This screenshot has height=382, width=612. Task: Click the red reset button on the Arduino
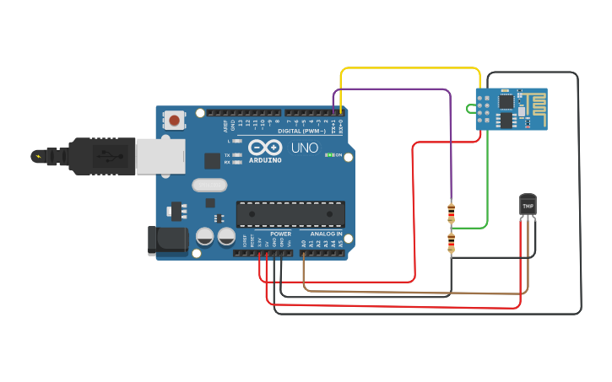coord(174,120)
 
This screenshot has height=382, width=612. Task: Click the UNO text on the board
coord(305,148)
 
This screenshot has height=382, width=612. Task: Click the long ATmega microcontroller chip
coord(290,214)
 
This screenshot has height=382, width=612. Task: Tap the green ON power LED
coord(329,155)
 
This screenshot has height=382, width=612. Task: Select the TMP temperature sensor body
coord(528,205)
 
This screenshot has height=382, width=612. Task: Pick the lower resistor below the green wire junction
coord(451,244)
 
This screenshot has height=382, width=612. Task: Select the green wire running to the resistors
coord(487,186)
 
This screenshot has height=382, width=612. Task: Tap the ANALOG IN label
coord(326,234)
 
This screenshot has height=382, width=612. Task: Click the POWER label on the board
coord(281,234)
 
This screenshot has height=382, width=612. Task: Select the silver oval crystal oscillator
coord(209,186)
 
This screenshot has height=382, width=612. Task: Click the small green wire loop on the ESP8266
coord(470,108)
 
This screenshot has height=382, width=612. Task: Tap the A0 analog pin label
coord(304,243)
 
